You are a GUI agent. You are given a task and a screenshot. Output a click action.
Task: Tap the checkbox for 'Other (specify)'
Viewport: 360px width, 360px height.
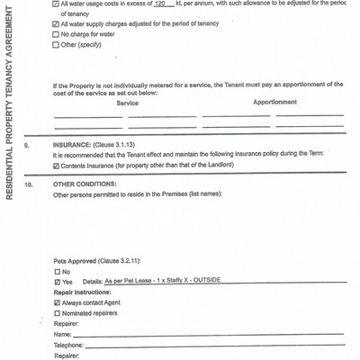point(57,44)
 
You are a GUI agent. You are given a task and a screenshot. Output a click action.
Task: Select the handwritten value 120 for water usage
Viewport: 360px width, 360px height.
point(162,4)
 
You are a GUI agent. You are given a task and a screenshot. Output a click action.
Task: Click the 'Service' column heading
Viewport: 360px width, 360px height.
point(128,103)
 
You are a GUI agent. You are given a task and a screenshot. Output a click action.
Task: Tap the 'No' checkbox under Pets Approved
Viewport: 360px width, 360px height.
point(57,271)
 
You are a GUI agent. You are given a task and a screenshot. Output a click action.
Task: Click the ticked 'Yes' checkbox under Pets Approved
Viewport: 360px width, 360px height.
point(57,281)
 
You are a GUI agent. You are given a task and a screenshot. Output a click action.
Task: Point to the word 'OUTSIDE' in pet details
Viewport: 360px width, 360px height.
point(202,281)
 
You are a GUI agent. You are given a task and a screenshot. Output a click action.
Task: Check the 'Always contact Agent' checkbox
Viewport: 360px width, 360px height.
point(57,303)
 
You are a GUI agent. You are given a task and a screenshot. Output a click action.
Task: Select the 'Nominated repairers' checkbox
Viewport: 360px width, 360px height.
point(57,313)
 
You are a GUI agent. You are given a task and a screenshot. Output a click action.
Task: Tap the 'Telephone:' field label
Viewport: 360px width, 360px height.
point(68,345)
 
